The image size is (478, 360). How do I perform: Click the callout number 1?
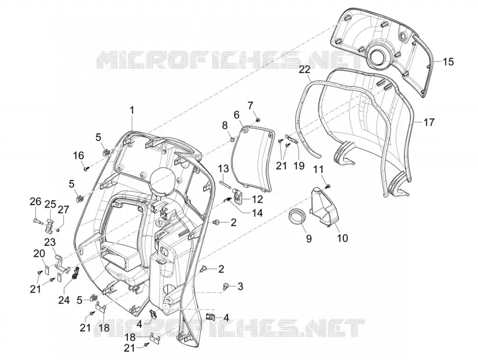click(132, 110)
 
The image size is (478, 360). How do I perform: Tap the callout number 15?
click(448, 62)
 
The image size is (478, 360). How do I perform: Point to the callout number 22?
click(304, 69)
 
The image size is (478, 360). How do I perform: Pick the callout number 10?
click(343, 237)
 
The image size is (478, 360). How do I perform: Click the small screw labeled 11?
click(328, 186)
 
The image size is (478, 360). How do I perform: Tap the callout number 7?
click(250, 106)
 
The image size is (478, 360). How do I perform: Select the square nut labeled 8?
click(232, 139)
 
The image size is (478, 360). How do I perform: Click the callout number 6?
click(237, 115)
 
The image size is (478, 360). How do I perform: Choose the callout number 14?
click(257, 213)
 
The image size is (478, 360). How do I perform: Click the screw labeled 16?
click(86, 168)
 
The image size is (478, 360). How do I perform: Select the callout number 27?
click(64, 210)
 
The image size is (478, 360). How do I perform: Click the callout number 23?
click(50, 243)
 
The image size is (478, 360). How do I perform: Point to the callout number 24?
click(64, 300)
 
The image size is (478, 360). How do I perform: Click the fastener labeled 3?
click(226, 286)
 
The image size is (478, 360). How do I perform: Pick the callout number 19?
click(299, 166)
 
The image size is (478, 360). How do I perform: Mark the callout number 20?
click(39, 254)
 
